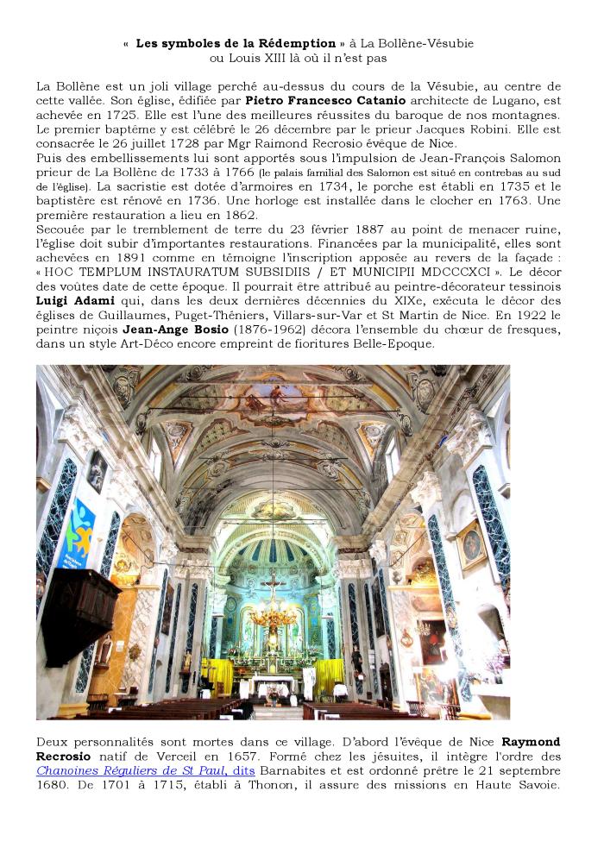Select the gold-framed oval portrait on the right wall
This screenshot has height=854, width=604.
pyautogui.click(x=469, y=546)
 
